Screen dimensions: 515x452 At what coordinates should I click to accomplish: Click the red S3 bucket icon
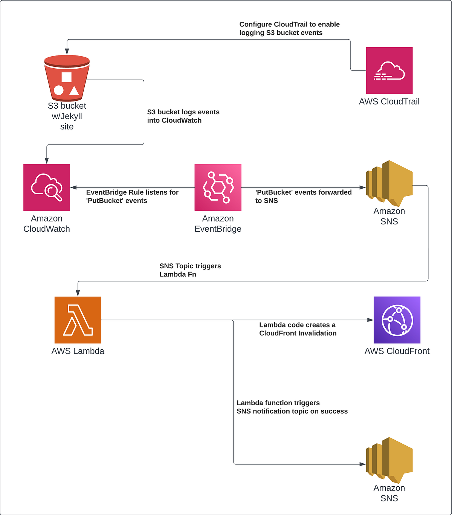[67, 78]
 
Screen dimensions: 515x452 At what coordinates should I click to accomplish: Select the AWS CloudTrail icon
[389, 71]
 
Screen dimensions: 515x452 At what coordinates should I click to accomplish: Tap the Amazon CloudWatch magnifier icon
[47, 188]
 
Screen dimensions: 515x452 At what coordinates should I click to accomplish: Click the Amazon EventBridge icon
[218, 188]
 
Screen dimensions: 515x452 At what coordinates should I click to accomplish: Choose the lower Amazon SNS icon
[389, 460]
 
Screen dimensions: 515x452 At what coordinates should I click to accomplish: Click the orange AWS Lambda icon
[78, 320]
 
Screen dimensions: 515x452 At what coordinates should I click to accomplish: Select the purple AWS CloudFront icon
[397, 320]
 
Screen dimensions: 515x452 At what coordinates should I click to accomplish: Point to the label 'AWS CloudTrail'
[389, 101]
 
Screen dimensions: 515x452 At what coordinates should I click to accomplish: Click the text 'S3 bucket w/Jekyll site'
[67, 116]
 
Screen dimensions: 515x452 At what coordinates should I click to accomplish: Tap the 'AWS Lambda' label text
[78, 351]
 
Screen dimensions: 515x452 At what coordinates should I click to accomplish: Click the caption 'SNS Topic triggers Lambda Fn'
[190, 270]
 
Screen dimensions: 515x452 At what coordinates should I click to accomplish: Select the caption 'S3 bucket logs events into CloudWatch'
[183, 116]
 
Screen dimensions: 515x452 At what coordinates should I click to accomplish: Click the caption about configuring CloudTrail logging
[289, 29]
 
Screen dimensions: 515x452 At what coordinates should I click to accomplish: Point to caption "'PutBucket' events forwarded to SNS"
[303, 196]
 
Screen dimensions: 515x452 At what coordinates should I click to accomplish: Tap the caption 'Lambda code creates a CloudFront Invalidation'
[298, 329]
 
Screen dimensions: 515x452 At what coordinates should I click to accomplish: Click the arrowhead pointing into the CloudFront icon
[371, 320]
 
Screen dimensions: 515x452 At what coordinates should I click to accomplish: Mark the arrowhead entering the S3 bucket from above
[67, 52]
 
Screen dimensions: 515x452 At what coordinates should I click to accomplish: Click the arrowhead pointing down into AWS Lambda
[78, 293]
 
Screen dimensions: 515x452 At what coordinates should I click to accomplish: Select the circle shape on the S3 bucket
[59, 90]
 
